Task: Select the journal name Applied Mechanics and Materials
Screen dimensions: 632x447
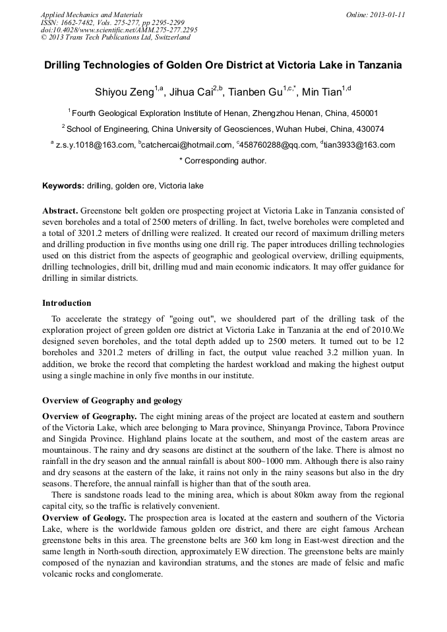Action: (92, 14)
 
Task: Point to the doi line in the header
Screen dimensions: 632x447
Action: (119, 30)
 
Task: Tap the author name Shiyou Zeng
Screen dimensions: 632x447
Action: (124, 92)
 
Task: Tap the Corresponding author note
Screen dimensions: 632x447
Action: (223, 161)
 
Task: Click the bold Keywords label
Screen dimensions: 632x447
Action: (63, 186)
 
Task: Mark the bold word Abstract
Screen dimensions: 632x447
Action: (60, 210)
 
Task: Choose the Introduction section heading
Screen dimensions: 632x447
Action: (67, 303)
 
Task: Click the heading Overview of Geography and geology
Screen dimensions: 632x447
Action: (112, 401)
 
